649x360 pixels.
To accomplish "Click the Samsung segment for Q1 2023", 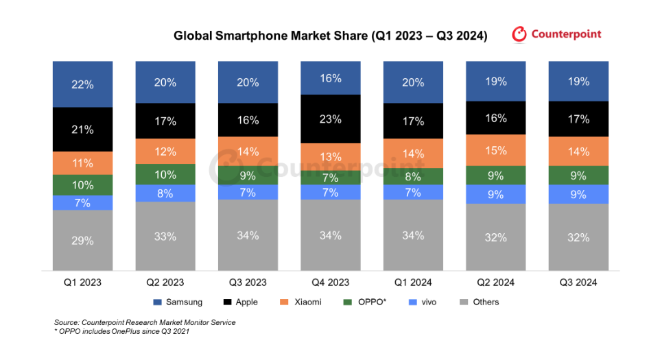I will [x=83, y=84].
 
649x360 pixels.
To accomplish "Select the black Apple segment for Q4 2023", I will [x=331, y=119].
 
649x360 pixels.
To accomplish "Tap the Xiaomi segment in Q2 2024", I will [x=495, y=151].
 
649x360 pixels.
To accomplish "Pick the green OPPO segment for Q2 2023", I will [x=165, y=174].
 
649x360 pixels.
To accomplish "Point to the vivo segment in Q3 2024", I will [x=578, y=194].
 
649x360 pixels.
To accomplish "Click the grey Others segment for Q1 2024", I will [x=413, y=236].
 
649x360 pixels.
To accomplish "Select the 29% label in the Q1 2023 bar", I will [x=83, y=241].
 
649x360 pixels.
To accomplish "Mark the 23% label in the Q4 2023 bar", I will [x=331, y=119].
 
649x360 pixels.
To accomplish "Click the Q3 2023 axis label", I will [x=248, y=283].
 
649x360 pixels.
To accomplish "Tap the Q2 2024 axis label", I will [x=495, y=283].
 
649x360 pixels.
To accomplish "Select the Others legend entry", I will [x=480, y=302].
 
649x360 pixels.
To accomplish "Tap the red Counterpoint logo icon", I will [x=520, y=34].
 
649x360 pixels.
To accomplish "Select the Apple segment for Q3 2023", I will [x=248, y=120].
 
